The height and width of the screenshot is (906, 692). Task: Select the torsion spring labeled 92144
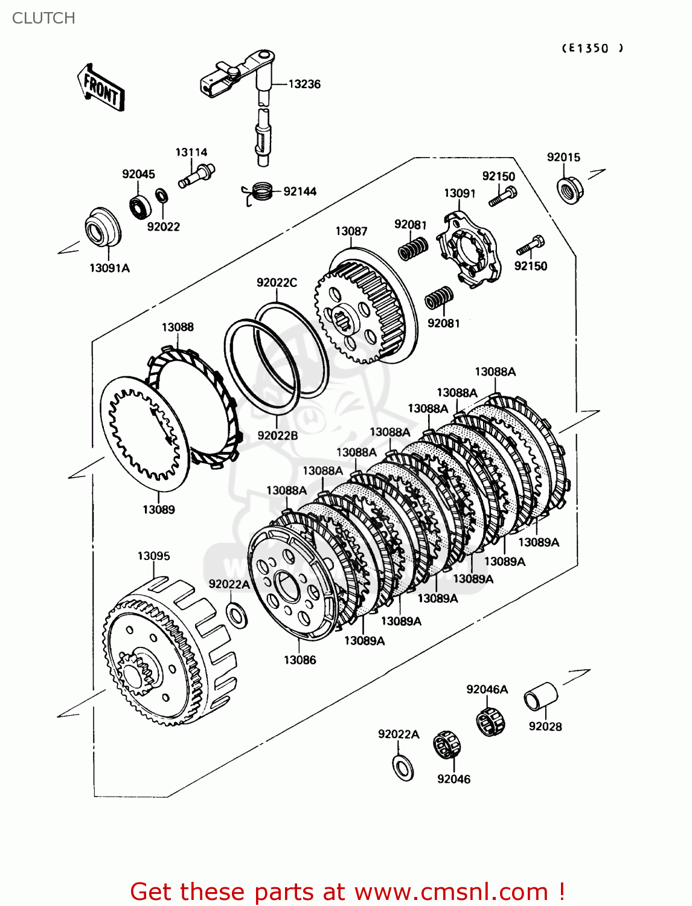[x=261, y=192]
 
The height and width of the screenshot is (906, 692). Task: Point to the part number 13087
[x=351, y=231]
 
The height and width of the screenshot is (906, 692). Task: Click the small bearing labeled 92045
[x=140, y=206]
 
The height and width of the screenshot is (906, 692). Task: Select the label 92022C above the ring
[x=277, y=283]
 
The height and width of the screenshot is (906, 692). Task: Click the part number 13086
[x=300, y=660]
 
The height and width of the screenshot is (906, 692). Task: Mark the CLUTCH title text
[x=43, y=18]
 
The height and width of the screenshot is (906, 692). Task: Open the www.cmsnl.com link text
[x=450, y=892]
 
